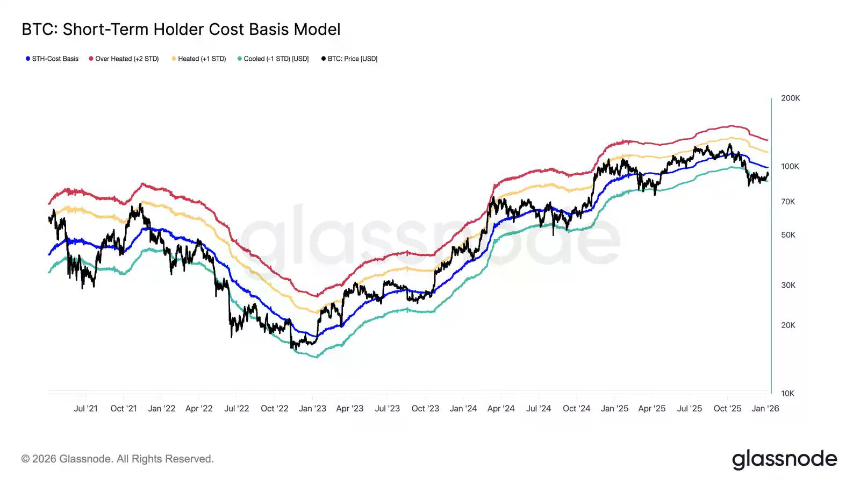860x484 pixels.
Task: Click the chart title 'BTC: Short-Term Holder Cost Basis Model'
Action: point(181,30)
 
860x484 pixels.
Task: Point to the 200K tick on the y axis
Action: point(790,98)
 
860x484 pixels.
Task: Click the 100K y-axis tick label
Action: point(790,166)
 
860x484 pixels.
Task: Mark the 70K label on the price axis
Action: point(788,202)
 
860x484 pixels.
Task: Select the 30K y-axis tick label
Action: point(788,285)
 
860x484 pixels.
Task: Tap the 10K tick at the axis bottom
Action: point(787,393)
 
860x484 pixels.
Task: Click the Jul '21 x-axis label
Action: point(86,409)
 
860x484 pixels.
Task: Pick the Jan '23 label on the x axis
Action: point(312,409)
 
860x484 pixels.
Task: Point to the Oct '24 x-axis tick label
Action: point(576,409)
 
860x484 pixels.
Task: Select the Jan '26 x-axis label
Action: point(765,409)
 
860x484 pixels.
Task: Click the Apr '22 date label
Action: point(199,409)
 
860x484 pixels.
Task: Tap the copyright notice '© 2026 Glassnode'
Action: point(118,459)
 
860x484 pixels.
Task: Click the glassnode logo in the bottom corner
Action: point(784,459)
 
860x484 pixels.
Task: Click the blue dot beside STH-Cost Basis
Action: point(28,59)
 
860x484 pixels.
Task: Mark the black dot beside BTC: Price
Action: point(323,59)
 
